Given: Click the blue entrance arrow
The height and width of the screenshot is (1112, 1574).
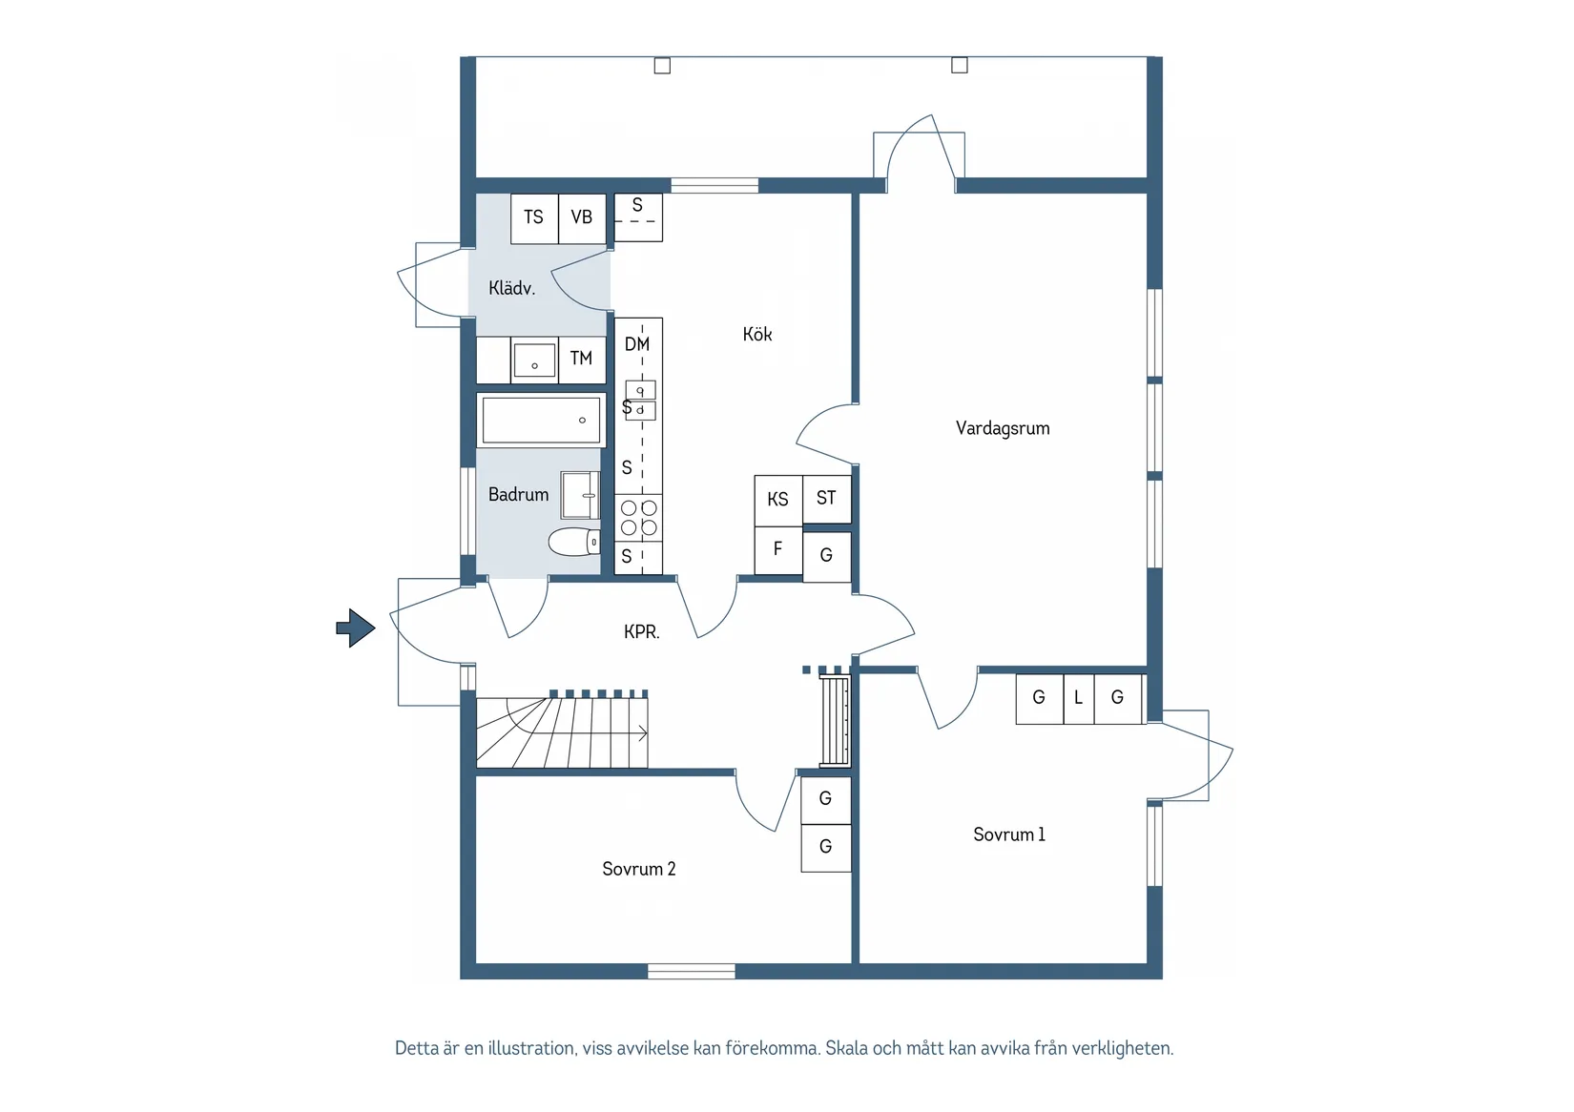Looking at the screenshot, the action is click(x=356, y=628).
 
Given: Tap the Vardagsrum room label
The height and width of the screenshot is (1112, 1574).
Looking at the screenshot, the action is click(x=1002, y=428).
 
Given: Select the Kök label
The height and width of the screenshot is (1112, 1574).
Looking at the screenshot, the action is click(x=756, y=334).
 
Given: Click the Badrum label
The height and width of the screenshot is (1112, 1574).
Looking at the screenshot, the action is click(x=518, y=495).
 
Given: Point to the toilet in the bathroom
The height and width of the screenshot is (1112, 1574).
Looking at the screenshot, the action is click(x=574, y=542).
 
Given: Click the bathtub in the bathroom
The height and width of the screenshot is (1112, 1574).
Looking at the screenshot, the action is click(x=541, y=420).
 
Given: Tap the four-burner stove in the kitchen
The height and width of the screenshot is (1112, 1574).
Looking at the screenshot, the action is click(x=638, y=517).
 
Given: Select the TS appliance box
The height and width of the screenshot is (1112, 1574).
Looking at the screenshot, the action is click(x=534, y=218).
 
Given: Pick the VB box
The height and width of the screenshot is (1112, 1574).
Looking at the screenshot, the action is click(x=582, y=218).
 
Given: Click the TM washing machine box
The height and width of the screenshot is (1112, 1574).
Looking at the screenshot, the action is click(x=582, y=360).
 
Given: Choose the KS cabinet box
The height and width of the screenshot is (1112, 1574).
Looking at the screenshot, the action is click(x=777, y=500).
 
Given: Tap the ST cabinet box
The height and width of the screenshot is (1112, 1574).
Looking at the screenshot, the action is click(x=826, y=499).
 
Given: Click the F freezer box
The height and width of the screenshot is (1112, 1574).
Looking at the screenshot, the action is click(x=777, y=550).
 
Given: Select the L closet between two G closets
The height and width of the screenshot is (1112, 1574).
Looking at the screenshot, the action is click(x=1079, y=699).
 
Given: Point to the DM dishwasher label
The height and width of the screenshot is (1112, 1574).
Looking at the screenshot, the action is click(x=637, y=344).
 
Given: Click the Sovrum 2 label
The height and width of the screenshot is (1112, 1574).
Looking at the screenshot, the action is click(x=639, y=869).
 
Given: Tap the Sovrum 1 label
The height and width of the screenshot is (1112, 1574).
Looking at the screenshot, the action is click(x=1009, y=834).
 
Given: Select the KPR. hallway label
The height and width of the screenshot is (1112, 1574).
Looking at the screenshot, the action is click(x=642, y=632).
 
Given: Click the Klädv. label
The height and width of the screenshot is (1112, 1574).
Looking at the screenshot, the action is click(x=511, y=288).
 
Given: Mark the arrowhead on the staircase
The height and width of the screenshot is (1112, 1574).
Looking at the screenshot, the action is click(x=643, y=733).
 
